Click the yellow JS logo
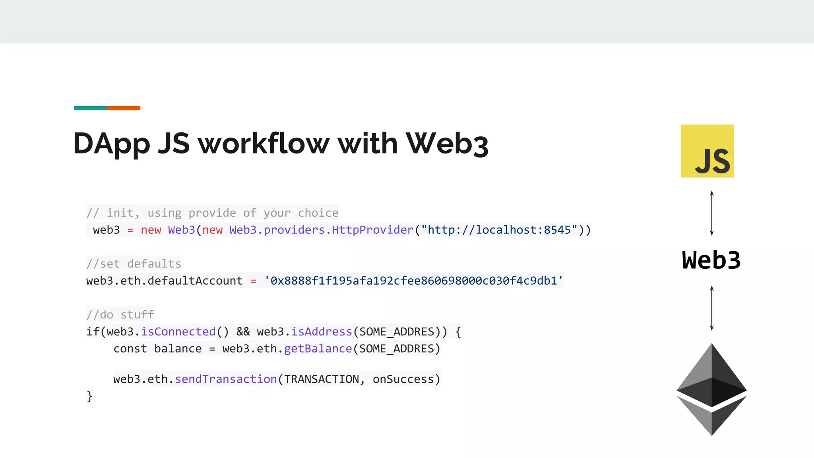point(707,151)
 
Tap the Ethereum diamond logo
point(711,389)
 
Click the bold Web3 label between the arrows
point(711,261)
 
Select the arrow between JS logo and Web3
point(711,213)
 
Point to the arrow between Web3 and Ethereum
point(711,308)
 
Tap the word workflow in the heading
point(264,143)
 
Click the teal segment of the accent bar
point(90,108)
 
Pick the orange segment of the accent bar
point(124,108)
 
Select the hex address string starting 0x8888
point(414,281)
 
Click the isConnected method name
point(178,332)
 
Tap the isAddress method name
point(322,332)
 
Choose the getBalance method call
point(318,349)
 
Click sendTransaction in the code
point(226,379)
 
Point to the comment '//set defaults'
point(134,264)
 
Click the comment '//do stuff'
point(120,314)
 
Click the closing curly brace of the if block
point(89,396)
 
